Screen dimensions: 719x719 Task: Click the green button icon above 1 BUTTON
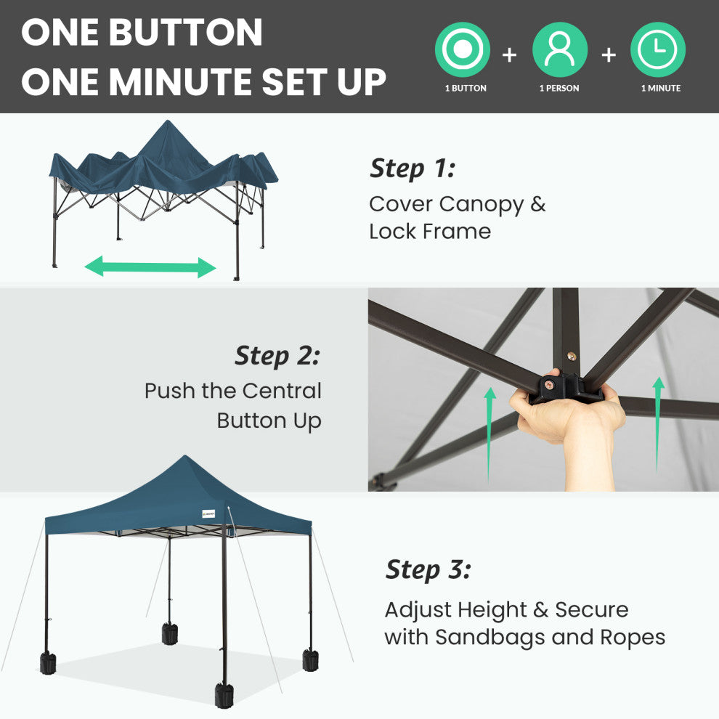pos(462,49)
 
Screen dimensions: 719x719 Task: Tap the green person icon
pos(560,49)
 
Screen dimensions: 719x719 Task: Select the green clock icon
pos(658,49)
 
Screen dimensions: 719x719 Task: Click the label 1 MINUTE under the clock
pos(661,88)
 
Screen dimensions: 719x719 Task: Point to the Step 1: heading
pos(413,168)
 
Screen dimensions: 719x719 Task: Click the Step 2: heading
pos(277,356)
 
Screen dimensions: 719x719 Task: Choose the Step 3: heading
pos(428,570)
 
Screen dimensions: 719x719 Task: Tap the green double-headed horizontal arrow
pos(150,267)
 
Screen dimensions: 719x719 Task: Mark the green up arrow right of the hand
pos(658,425)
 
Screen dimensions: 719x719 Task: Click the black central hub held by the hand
pos(566,388)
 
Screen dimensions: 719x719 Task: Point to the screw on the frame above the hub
pos(572,356)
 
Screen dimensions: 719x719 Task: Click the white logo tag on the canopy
pos(208,513)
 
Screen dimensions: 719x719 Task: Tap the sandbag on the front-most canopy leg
pos(224,695)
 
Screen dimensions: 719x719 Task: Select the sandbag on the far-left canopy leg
pos(48,663)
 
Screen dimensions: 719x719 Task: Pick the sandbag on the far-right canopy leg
pos(310,660)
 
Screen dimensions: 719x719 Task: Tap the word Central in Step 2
pos(282,391)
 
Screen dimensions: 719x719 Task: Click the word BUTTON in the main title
pos(185,32)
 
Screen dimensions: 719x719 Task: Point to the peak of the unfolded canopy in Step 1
pos(168,121)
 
